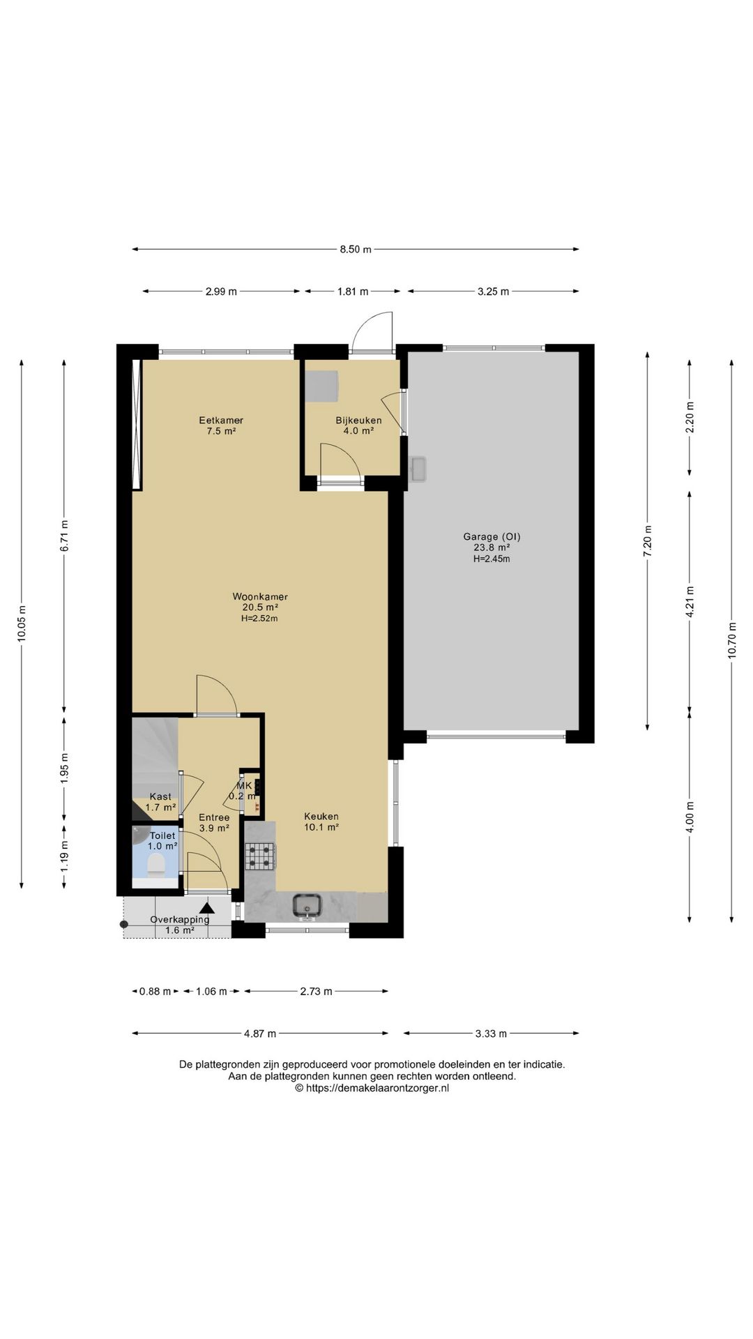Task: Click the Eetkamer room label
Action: pos(221,421)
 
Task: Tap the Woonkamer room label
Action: pos(260,597)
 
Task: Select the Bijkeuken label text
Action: pos(358,421)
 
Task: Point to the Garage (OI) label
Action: pos(492,537)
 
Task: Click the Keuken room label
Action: pos(321,817)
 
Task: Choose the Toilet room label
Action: pos(162,835)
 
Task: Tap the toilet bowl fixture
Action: pos(156,865)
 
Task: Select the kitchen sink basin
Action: pos(307,905)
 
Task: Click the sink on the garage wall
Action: pos(418,469)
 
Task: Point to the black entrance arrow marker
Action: pos(206,908)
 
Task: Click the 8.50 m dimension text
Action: pos(356,250)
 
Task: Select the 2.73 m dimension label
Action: pos(316,991)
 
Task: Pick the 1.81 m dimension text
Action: pos(353,292)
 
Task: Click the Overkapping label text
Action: pos(180,919)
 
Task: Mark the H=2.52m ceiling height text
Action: pos(260,618)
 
